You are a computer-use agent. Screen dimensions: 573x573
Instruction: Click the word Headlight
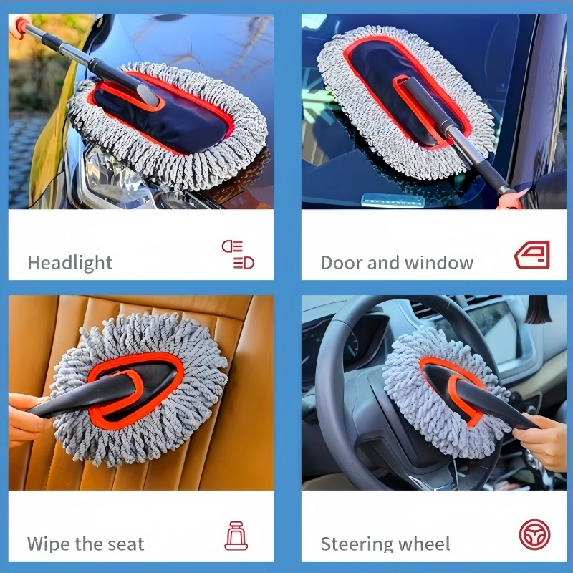click(x=69, y=263)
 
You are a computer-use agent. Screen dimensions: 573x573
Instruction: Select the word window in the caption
click(x=439, y=263)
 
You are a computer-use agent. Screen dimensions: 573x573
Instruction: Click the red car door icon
click(x=532, y=255)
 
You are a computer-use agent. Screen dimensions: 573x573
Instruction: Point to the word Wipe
click(x=49, y=544)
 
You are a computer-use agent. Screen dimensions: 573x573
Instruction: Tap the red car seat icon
click(x=236, y=536)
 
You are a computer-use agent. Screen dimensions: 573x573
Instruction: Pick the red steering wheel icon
click(x=534, y=534)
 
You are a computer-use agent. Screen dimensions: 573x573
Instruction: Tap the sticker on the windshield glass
click(x=392, y=201)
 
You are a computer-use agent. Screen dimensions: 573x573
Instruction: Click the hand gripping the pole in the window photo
click(x=510, y=200)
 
